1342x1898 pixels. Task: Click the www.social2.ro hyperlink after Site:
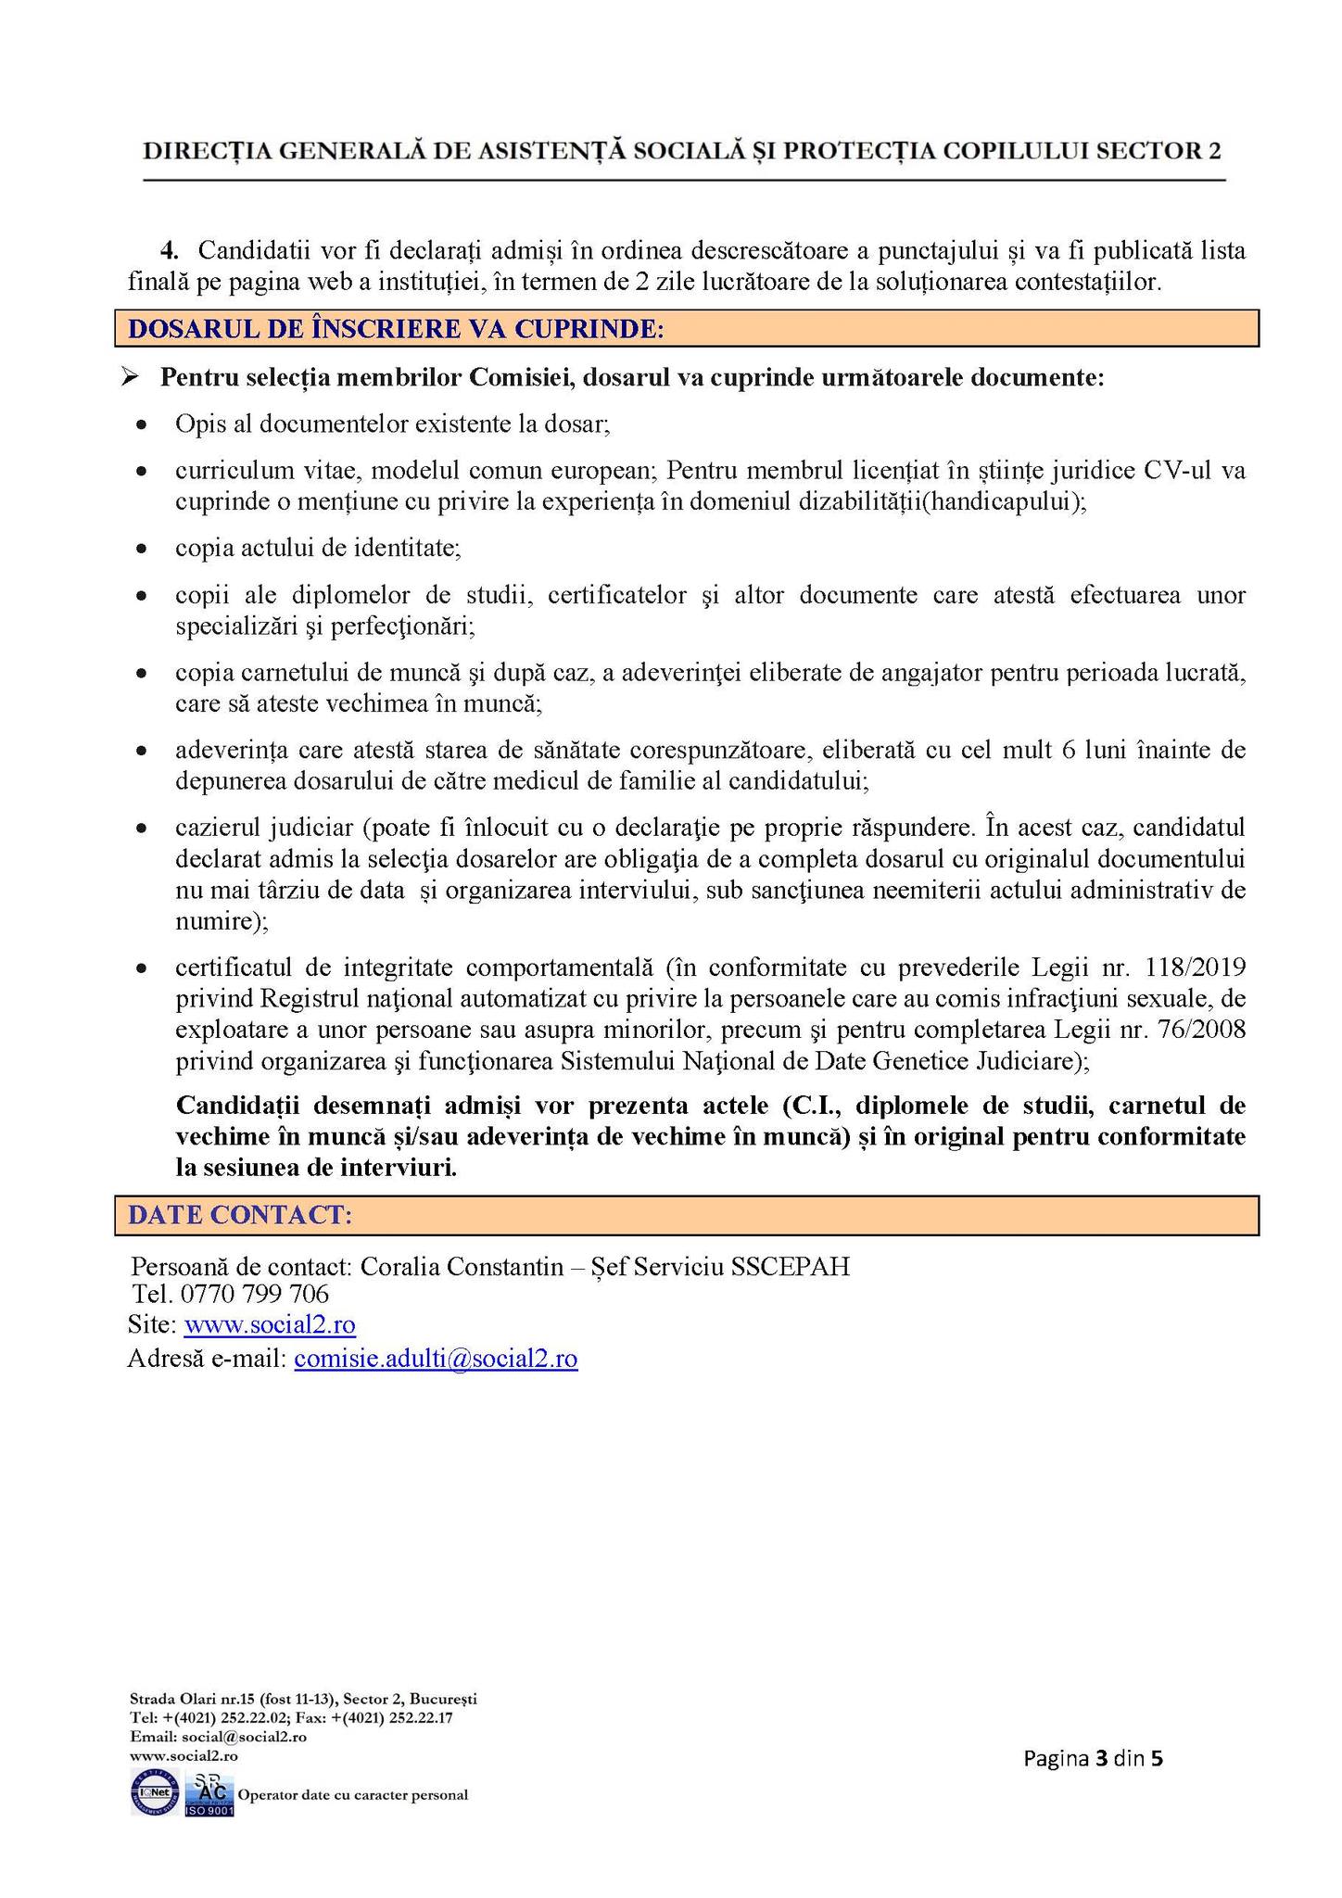tap(270, 1325)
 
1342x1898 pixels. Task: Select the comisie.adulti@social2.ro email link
tap(436, 1359)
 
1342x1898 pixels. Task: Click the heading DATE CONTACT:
tap(240, 1216)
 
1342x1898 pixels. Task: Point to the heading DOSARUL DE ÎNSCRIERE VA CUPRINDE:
tap(396, 329)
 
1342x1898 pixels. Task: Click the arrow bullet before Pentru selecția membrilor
tap(130, 378)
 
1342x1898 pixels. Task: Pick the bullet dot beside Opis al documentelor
tap(141, 426)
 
